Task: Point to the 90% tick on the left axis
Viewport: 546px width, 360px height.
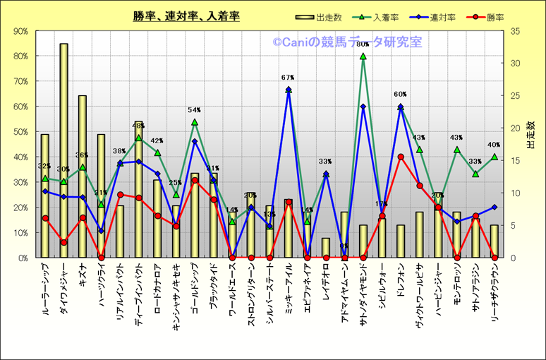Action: click(20, 31)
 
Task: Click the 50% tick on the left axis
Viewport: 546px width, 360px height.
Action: click(20, 132)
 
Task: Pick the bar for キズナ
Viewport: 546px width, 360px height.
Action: click(83, 176)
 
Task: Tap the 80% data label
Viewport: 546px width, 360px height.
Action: click(363, 44)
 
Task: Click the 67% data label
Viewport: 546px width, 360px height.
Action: click(287, 78)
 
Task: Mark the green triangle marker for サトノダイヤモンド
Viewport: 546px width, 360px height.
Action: click(363, 56)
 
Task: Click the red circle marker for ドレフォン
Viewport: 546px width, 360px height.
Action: click(401, 157)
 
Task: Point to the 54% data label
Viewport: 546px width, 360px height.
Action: click(195, 110)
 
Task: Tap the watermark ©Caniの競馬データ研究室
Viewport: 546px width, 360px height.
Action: click(348, 43)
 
